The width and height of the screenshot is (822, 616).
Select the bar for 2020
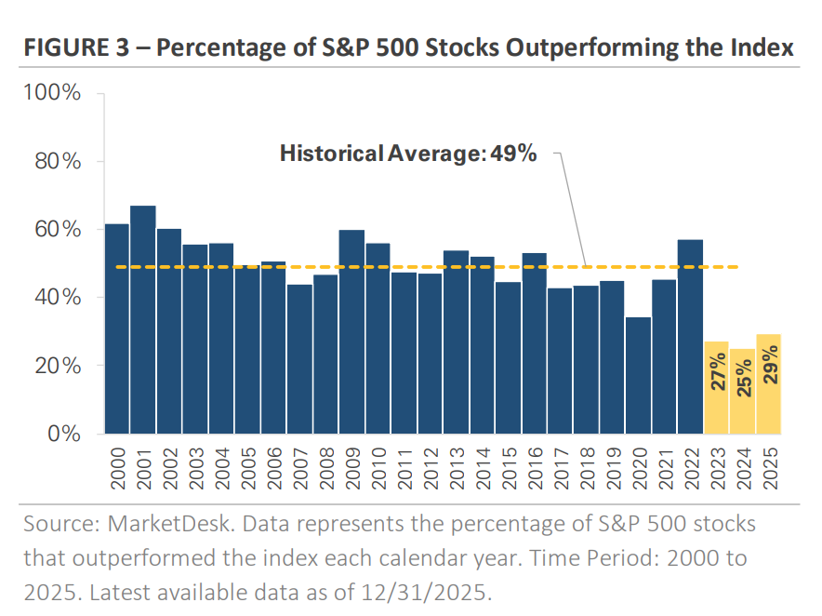(638, 375)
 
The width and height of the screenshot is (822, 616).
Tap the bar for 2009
(351, 331)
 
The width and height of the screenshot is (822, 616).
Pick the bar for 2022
(690, 336)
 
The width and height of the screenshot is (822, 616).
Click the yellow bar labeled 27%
(716, 387)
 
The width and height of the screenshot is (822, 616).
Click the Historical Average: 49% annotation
(408, 154)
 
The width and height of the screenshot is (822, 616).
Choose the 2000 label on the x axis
(117, 465)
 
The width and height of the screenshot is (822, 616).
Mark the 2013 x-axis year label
(456, 465)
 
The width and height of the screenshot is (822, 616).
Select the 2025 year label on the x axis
(768, 465)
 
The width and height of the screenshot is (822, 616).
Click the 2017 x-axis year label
(560, 465)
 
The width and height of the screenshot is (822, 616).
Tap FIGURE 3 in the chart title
(78, 47)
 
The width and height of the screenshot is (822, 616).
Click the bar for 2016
(534, 342)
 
